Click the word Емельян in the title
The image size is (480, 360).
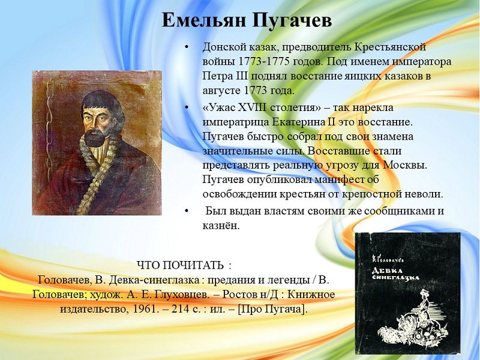(204, 21)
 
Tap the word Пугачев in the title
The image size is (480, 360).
(293, 21)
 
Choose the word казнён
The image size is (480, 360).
(220, 226)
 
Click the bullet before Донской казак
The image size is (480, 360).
(187, 47)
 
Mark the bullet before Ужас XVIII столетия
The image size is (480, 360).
(187, 108)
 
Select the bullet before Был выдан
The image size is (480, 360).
(187, 211)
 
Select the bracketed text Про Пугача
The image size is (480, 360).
(272, 308)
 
